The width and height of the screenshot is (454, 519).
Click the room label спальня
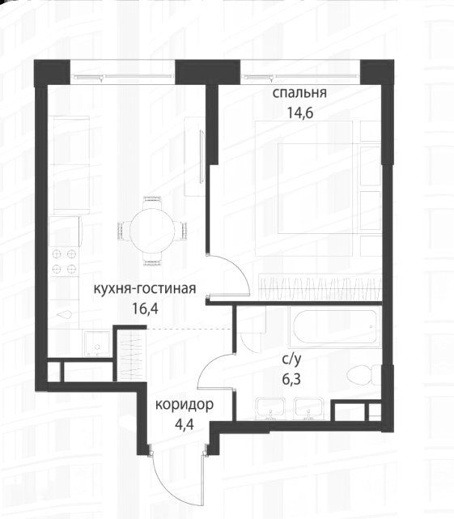pos(299,93)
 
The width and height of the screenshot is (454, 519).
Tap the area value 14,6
pos(299,113)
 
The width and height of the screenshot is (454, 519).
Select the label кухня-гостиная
pos(145,288)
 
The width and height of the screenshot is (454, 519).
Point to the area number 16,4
pos(146,308)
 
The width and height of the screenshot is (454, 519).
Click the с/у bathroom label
pos(291,359)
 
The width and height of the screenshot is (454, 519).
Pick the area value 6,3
pos(291,379)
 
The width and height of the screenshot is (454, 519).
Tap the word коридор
pos(185,405)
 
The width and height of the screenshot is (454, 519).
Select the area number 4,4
pos(185,423)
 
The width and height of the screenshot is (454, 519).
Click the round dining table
pos(152,231)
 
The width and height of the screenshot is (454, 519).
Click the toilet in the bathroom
pos(364,375)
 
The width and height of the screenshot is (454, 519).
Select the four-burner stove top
pos(65,262)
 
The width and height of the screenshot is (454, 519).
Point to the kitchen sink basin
pos(97,344)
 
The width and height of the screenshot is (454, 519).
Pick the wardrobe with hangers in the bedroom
pos(320,287)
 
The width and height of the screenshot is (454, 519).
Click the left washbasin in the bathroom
pos(270,409)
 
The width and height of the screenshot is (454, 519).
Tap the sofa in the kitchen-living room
pos(71,165)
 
